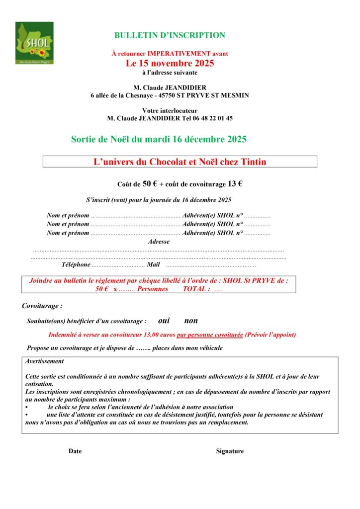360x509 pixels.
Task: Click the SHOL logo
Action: (34, 43)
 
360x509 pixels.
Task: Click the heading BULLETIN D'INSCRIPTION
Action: (170, 35)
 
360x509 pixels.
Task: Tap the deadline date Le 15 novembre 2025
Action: (170, 63)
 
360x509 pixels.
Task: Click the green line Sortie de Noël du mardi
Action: (159, 139)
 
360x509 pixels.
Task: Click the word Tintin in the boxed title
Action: (254, 162)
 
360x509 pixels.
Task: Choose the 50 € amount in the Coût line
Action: (150, 183)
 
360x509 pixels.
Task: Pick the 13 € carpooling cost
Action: (235, 183)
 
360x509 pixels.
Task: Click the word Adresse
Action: (159, 242)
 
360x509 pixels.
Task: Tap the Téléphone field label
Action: (76, 265)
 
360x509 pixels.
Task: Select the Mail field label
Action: (153, 265)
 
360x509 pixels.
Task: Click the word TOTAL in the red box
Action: (196, 289)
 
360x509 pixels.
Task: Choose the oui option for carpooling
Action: (165, 321)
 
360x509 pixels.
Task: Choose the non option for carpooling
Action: (191, 321)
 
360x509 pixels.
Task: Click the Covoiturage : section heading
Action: (42, 306)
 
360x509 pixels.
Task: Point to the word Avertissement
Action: (45, 361)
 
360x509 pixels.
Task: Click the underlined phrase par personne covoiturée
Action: (210, 335)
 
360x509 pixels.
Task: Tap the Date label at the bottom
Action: (75, 451)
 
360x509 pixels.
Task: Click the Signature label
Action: (230, 451)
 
